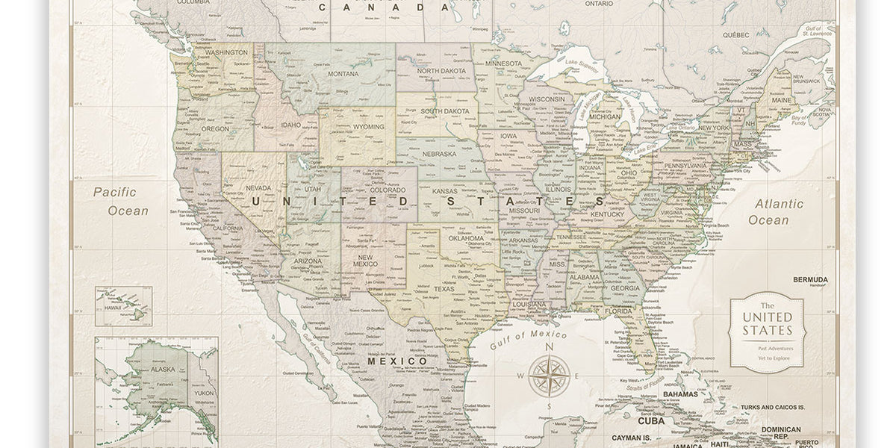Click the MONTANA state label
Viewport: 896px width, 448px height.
(x=343, y=73)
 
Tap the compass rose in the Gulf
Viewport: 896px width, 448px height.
(x=549, y=375)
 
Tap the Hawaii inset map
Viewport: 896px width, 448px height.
(x=123, y=306)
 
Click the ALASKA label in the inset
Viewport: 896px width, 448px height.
(x=162, y=369)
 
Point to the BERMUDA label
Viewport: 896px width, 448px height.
(x=810, y=279)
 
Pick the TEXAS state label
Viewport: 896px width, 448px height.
(x=444, y=289)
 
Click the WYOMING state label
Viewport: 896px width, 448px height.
(x=369, y=127)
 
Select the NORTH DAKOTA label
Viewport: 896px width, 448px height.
(x=441, y=71)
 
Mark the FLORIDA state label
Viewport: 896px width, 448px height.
(x=619, y=311)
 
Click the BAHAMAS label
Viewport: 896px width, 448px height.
(x=680, y=393)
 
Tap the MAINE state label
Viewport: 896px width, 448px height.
(x=782, y=100)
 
